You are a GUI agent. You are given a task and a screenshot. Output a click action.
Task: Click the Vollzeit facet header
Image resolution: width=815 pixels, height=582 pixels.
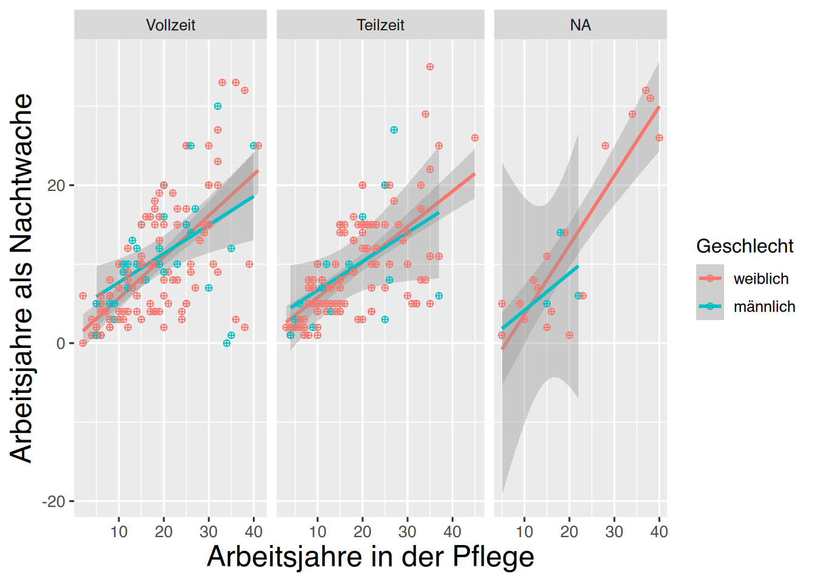click(x=170, y=25)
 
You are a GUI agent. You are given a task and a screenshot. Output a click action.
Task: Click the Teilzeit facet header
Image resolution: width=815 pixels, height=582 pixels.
click(x=380, y=25)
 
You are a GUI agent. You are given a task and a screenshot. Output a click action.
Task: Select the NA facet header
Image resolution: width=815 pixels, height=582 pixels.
click(x=580, y=25)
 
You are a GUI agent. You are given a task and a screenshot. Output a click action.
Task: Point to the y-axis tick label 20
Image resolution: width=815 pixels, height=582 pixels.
click(x=56, y=186)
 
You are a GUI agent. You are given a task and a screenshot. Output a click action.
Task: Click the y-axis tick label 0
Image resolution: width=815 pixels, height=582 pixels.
click(x=61, y=344)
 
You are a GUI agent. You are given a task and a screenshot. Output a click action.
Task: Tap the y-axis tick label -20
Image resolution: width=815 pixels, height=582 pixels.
click(x=53, y=502)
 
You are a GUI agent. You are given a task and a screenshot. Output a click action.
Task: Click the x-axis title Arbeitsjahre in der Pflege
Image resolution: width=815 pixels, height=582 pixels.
click(x=371, y=557)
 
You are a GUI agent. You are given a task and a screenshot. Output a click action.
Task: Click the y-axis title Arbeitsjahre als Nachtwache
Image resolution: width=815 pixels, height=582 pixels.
click(x=22, y=278)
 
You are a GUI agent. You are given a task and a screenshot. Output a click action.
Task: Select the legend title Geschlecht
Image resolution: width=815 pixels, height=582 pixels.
click(x=745, y=246)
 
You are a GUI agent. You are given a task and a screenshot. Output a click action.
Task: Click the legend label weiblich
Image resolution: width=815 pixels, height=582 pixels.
click(x=761, y=279)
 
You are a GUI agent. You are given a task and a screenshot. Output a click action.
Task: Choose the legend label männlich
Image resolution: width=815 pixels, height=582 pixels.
click(x=764, y=307)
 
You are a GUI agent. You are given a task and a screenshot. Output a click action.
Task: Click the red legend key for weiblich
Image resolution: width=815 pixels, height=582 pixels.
click(x=710, y=278)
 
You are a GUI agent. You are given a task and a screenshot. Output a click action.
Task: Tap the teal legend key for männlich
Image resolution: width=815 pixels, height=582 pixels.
click(x=710, y=306)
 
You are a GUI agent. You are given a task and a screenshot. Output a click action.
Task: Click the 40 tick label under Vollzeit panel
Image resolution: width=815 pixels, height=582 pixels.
click(x=253, y=532)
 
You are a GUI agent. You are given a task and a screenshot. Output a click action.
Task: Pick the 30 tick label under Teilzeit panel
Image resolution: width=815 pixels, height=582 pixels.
click(x=407, y=532)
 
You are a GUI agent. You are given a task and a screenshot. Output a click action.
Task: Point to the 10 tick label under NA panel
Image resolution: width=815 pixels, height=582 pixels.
click(x=525, y=532)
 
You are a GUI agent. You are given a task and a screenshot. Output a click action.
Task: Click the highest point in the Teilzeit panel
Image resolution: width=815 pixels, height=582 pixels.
click(x=430, y=67)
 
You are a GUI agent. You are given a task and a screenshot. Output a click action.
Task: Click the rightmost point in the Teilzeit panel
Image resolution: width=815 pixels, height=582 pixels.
click(x=475, y=138)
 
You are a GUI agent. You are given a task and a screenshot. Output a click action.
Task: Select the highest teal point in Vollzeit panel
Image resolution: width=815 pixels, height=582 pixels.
click(x=218, y=106)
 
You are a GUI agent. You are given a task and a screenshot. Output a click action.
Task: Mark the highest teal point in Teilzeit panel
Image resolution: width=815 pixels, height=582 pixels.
click(x=394, y=130)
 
